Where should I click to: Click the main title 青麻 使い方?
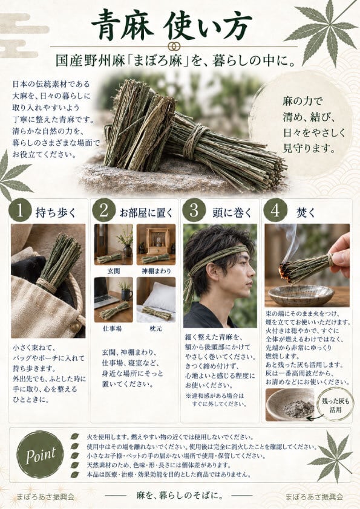tap(172, 25)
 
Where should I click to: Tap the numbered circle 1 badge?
tap(20, 210)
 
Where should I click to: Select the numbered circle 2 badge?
tap(103, 210)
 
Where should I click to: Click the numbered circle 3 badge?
tap(194, 210)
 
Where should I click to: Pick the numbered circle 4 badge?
tap(275, 210)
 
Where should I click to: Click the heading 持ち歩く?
tap(56, 213)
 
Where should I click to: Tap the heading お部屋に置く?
tap(147, 213)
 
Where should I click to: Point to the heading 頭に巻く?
tap(232, 213)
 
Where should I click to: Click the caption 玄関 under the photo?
tap(114, 271)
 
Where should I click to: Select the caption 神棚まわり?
tap(156, 271)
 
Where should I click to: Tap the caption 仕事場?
tap(113, 328)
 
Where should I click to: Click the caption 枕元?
tap(155, 328)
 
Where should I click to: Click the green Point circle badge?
tap(41, 455)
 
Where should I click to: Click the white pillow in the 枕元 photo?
tap(162, 296)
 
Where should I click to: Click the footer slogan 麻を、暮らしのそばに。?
tap(180, 495)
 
